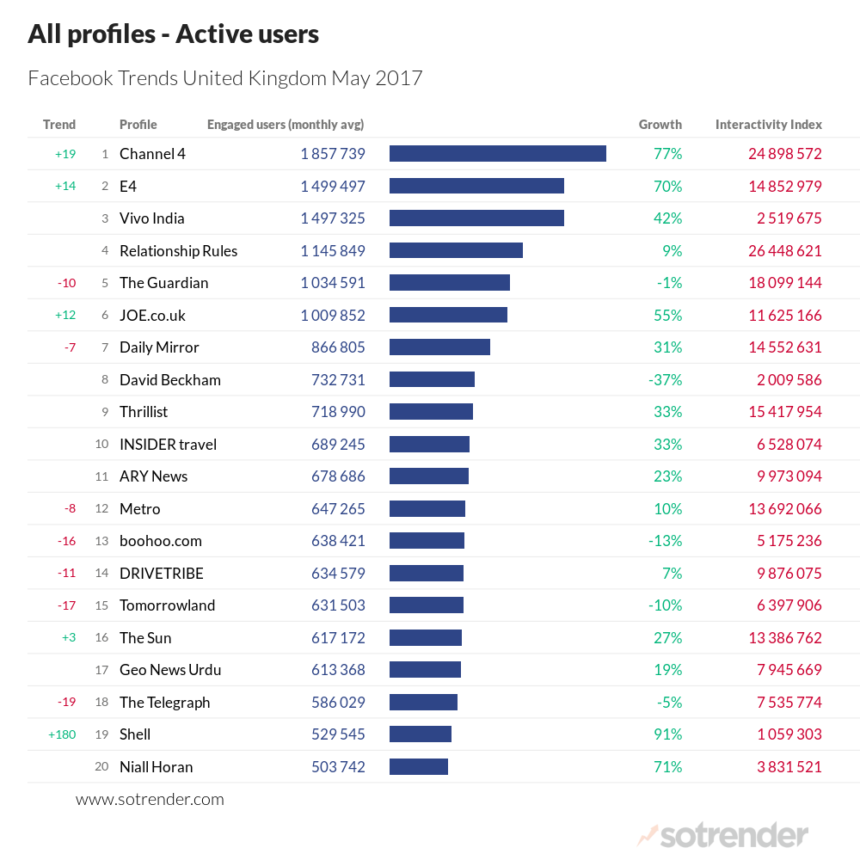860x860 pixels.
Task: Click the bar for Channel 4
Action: pos(497,154)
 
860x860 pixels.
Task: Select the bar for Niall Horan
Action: pos(419,766)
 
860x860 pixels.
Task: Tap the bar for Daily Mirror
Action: pos(439,347)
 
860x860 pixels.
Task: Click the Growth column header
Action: pos(660,125)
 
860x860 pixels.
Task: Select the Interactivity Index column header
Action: pos(768,125)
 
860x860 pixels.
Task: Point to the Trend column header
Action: pos(59,125)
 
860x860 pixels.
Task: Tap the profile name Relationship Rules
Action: pos(178,251)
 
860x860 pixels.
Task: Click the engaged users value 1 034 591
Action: pos(333,283)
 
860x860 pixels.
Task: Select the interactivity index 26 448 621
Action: pos(784,251)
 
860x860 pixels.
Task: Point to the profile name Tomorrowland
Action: pos(167,605)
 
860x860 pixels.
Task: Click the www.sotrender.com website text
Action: pos(150,799)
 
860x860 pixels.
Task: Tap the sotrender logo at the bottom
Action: pos(722,834)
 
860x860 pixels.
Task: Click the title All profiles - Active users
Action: pos(173,34)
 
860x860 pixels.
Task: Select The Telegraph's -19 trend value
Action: pos(66,702)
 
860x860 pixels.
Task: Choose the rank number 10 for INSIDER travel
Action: pos(101,445)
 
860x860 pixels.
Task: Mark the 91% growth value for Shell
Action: pos(667,734)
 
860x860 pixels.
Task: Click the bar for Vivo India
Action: pos(476,218)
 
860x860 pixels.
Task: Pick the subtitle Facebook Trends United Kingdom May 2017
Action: pos(225,78)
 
